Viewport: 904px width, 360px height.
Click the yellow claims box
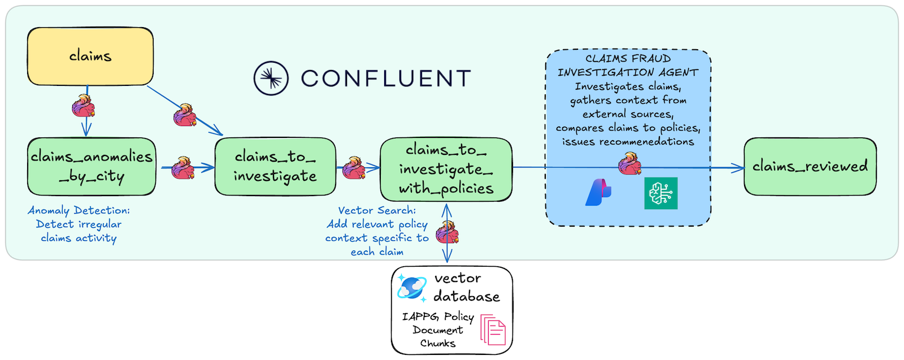tap(90, 56)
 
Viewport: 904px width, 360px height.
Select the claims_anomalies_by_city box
tap(92, 167)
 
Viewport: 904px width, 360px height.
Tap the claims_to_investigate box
tap(275, 167)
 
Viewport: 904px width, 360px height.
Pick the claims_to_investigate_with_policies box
tap(446, 170)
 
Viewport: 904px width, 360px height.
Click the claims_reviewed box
tap(810, 167)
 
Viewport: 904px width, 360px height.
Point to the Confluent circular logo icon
tap(271, 79)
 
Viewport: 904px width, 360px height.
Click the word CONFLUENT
tap(386, 79)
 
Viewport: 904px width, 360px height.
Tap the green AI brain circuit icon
tap(660, 193)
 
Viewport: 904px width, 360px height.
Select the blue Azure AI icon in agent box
tap(598, 193)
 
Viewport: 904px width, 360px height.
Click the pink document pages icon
tap(493, 329)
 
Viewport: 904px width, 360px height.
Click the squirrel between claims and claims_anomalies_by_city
tap(84, 106)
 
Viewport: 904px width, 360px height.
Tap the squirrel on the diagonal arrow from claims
tap(185, 115)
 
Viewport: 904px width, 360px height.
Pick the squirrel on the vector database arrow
tap(447, 232)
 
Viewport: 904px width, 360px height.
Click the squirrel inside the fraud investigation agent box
tap(630, 163)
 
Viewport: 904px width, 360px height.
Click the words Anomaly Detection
tap(79, 210)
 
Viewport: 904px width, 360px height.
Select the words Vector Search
tap(377, 210)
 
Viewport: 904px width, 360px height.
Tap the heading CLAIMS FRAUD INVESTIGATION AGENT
tap(628, 66)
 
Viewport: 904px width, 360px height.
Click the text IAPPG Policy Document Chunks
tap(438, 329)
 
